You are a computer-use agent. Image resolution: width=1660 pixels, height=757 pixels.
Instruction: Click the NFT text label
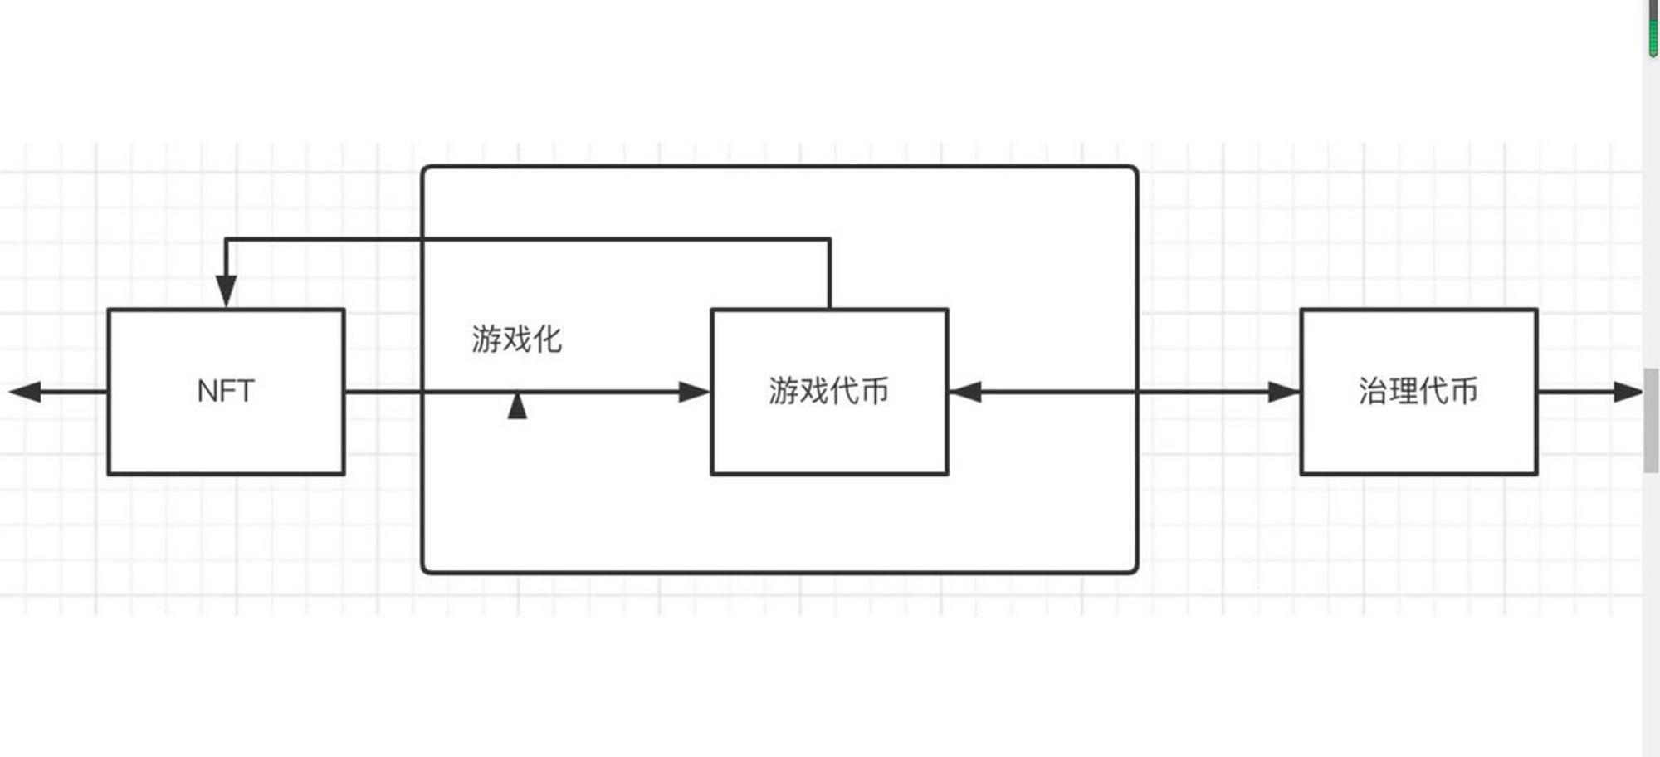point(225,391)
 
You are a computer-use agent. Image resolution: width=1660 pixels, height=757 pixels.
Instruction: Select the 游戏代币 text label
point(828,391)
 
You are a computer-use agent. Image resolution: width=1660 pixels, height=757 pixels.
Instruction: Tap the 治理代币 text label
point(1418,391)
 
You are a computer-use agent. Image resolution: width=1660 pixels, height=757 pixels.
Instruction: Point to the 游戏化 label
point(516,339)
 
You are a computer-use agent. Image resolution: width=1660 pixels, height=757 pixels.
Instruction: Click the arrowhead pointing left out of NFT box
point(25,392)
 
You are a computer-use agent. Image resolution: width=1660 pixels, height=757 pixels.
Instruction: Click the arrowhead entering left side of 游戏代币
point(695,392)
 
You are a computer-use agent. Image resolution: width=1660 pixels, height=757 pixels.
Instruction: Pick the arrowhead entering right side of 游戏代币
point(965,392)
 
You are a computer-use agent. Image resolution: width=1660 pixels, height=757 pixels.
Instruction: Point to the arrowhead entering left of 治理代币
point(1283,392)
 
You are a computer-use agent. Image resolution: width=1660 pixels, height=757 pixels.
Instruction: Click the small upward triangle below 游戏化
point(517,406)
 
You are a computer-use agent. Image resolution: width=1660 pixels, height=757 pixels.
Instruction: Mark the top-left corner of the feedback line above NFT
point(227,240)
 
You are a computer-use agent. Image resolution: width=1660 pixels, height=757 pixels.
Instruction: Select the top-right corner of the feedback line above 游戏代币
point(829,240)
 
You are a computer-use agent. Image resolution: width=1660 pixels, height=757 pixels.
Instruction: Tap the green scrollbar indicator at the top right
point(1653,28)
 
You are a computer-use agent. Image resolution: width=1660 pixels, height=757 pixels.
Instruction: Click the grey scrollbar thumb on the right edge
point(1651,420)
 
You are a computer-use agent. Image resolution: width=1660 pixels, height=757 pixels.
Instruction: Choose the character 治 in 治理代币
point(1373,391)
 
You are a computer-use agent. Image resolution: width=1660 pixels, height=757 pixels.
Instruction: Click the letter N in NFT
point(206,391)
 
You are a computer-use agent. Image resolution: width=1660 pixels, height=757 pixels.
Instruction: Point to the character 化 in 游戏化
point(548,339)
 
